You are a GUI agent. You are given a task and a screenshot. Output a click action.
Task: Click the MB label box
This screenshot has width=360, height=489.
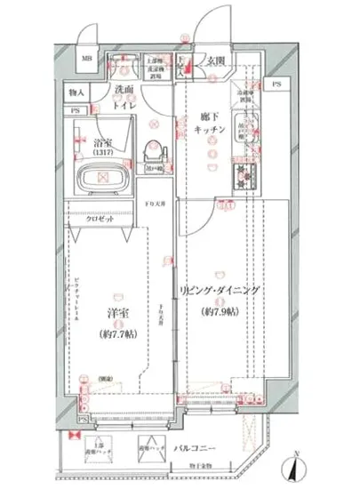[x=88, y=61]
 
